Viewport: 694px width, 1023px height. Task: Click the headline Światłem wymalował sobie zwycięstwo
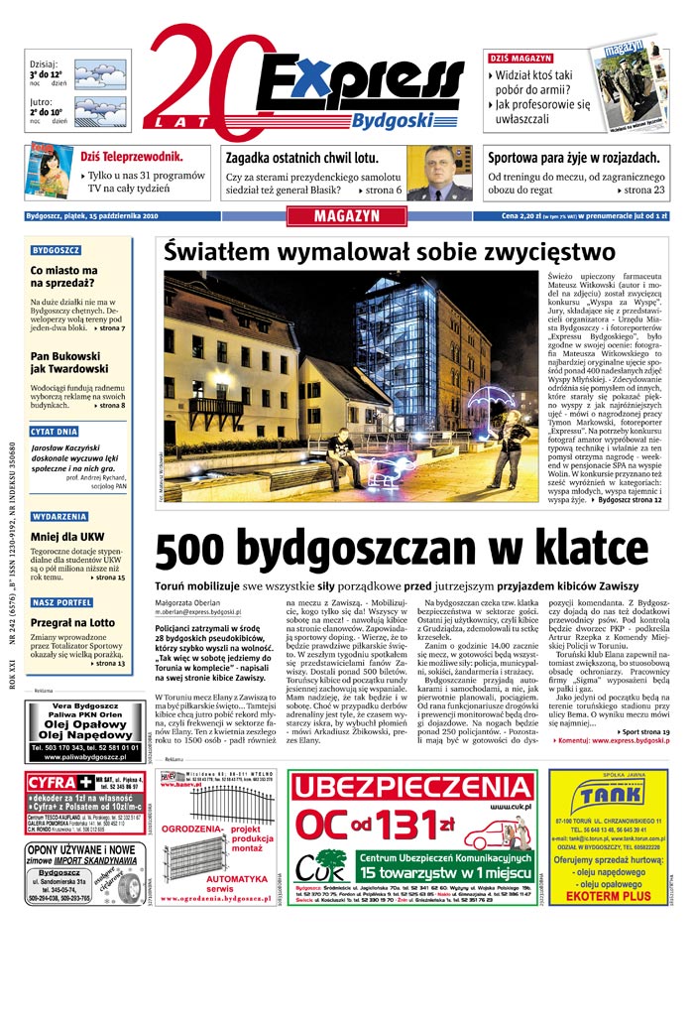pyautogui.click(x=390, y=252)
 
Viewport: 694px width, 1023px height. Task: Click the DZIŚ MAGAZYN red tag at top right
pyautogui.click(x=521, y=58)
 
